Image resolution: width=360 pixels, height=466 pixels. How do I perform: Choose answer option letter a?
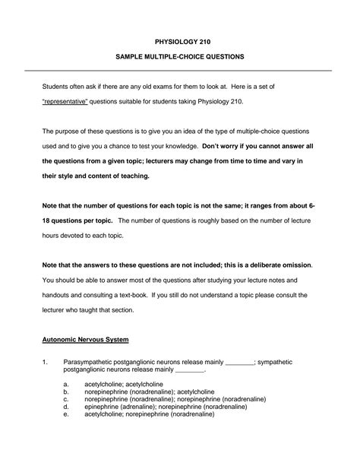tap(66, 386)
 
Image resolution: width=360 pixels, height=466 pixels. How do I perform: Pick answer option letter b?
tap(66, 394)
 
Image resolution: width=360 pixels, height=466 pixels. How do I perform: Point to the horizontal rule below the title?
tap(179, 70)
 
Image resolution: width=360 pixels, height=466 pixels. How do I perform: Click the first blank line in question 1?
tap(241, 363)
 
